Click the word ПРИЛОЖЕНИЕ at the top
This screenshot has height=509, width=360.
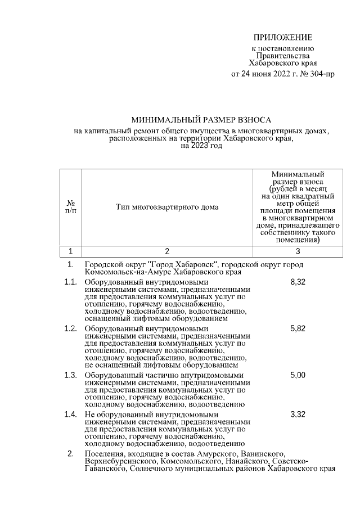[x=283, y=38]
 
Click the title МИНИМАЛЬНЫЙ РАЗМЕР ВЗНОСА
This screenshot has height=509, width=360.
[x=201, y=120]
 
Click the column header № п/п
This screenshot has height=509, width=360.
[x=71, y=206]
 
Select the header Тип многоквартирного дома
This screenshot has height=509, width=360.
[x=167, y=207]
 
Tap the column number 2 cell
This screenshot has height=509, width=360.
[x=167, y=251]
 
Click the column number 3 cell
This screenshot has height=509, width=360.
[x=298, y=251]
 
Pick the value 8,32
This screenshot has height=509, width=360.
[x=298, y=282]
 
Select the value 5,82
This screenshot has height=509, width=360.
[x=298, y=328]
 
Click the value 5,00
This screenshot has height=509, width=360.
[x=298, y=375]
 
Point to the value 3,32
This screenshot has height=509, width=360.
[x=298, y=415]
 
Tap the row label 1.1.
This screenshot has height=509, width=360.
[x=70, y=282]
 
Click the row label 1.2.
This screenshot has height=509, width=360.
[x=70, y=328]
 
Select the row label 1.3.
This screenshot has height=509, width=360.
[x=70, y=375]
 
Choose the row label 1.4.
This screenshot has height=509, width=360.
[x=70, y=415]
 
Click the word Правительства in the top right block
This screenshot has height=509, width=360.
[x=283, y=56]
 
